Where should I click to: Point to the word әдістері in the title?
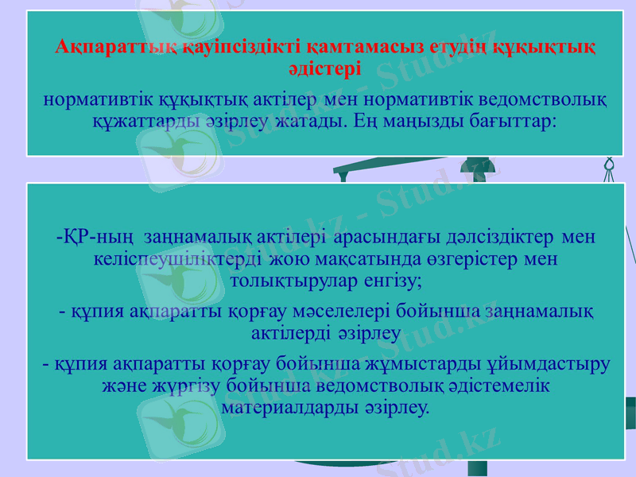325,68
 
